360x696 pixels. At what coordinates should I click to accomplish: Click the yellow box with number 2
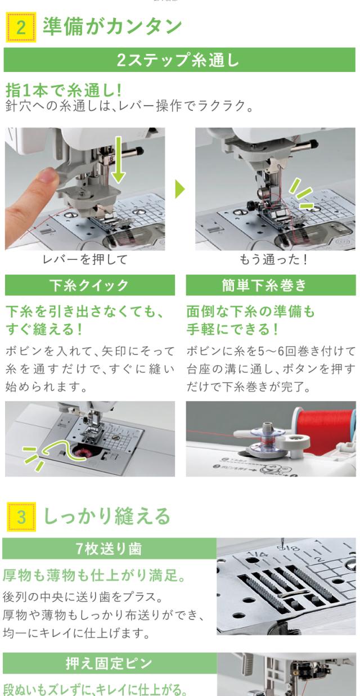click(x=21, y=27)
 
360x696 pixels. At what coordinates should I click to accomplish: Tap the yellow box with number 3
click(x=21, y=517)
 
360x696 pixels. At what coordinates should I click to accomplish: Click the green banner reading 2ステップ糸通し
click(x=179, y=60)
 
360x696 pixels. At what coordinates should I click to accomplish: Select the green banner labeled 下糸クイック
click(x=90, y=285)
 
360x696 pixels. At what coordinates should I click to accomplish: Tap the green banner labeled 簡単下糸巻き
click(x=271, y=285)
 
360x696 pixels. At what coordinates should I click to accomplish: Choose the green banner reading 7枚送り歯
click(x=109, y=549)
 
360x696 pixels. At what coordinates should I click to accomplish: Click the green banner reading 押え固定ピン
click(x=109, y=663)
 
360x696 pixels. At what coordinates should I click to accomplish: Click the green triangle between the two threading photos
click(x=180, y=189)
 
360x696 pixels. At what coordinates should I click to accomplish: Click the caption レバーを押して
click(x=85, y=259)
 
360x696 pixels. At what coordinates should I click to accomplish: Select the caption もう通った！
click(x=273, y=259)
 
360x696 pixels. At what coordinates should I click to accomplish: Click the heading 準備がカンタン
click(x=112, y=26)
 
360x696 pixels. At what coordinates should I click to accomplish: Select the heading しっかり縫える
click(x=107, y=516)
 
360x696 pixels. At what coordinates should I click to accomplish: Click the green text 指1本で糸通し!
click(x=64, y=91)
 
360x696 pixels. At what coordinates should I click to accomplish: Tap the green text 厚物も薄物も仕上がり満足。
click(x=94, y=576)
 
